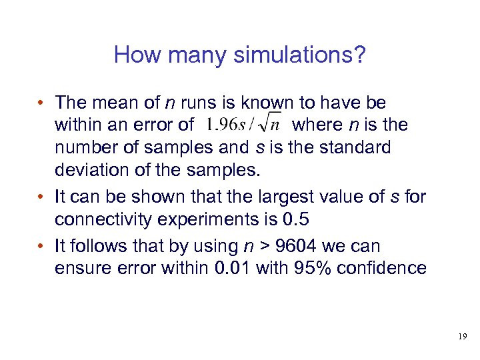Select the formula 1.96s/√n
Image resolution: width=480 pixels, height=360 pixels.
click(x=245, y=125)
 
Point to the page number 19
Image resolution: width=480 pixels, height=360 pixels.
click(x=462, y=337)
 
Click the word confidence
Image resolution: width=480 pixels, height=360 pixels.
click(x=391, y=268)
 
